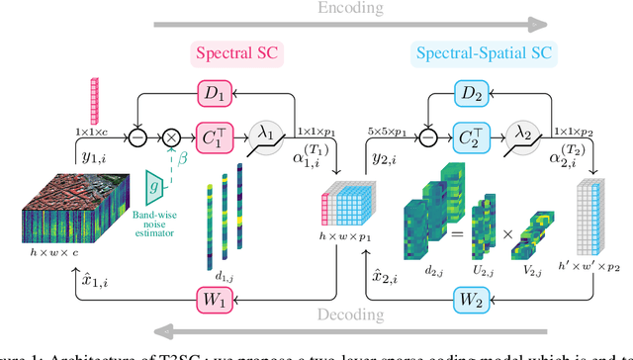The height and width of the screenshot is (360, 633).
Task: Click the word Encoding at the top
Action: tap(316, 10)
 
